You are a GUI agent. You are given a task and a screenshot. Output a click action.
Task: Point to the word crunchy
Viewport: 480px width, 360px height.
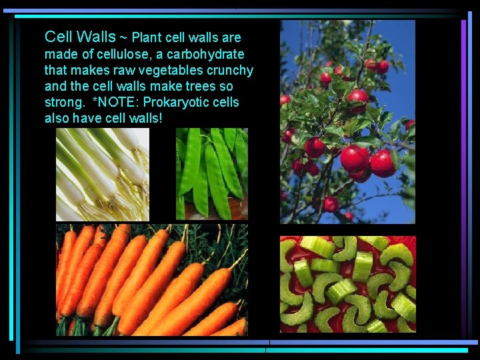(230, 70)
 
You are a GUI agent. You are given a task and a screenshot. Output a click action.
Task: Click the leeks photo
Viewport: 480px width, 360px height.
(103, 174)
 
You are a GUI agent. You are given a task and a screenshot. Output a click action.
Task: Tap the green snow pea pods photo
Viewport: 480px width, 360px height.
(211, 174)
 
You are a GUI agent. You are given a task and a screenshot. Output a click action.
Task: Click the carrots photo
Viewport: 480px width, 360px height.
(151, 279)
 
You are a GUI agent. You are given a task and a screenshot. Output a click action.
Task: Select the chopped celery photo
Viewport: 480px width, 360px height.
(347, 284)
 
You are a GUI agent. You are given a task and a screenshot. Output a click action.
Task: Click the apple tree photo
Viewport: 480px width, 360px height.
(347, 121)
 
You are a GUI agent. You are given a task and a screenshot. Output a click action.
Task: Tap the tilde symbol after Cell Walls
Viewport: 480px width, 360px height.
(123, 37)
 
